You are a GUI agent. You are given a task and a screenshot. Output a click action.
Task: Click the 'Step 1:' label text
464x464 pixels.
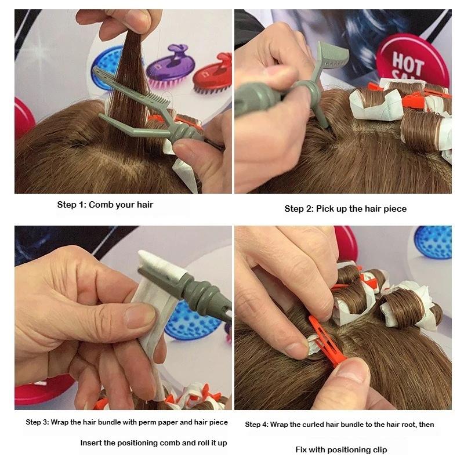pos(71,205)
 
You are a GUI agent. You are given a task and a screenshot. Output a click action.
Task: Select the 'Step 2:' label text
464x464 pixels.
pos(299,209)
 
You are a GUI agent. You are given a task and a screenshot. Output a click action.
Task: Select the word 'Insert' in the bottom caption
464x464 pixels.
pos(91,443)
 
